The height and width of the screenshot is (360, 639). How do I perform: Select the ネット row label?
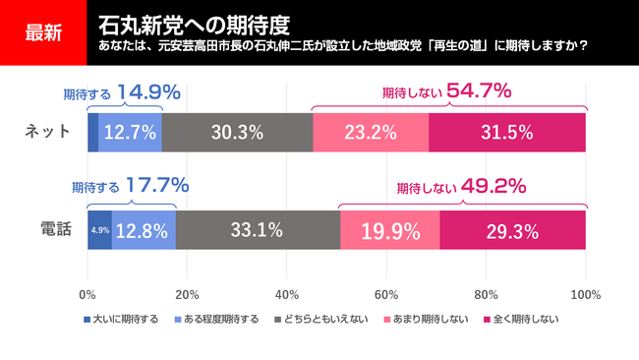click(x=45, y=132)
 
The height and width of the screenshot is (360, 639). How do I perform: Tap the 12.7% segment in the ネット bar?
click(x=131, y=132)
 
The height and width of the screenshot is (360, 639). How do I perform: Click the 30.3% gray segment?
click(x=237, y=132)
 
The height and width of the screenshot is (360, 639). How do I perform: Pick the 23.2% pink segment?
click(x=371, y=132)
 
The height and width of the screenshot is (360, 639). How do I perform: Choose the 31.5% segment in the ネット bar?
click(x=507, y=132)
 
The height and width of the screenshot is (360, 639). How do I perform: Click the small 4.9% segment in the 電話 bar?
click(x=99, y=230)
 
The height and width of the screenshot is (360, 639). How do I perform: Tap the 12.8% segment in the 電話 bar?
click(x=144, y=230)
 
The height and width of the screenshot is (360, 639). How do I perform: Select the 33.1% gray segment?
click(x=258, y=230)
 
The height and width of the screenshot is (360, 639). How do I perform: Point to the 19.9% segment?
click(x=390, y=230)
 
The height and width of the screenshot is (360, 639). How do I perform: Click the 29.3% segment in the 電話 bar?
click(x=512, y=230)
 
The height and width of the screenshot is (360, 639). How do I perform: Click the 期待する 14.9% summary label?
click(x=121, y=92)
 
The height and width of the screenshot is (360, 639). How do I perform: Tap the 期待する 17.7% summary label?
click(x=130, y=185)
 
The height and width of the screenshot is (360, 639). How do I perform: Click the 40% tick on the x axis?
click(x=287, y=293)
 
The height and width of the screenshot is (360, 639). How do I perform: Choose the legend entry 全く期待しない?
click(x=524, y=320)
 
